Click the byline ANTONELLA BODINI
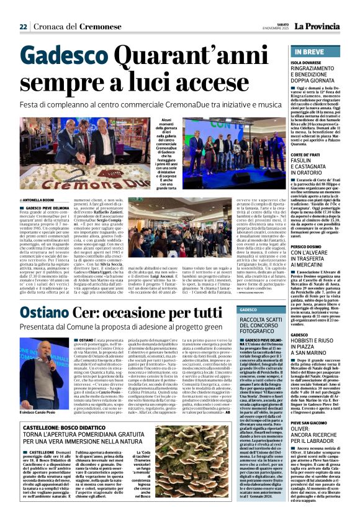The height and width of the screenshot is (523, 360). pos(39,199)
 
